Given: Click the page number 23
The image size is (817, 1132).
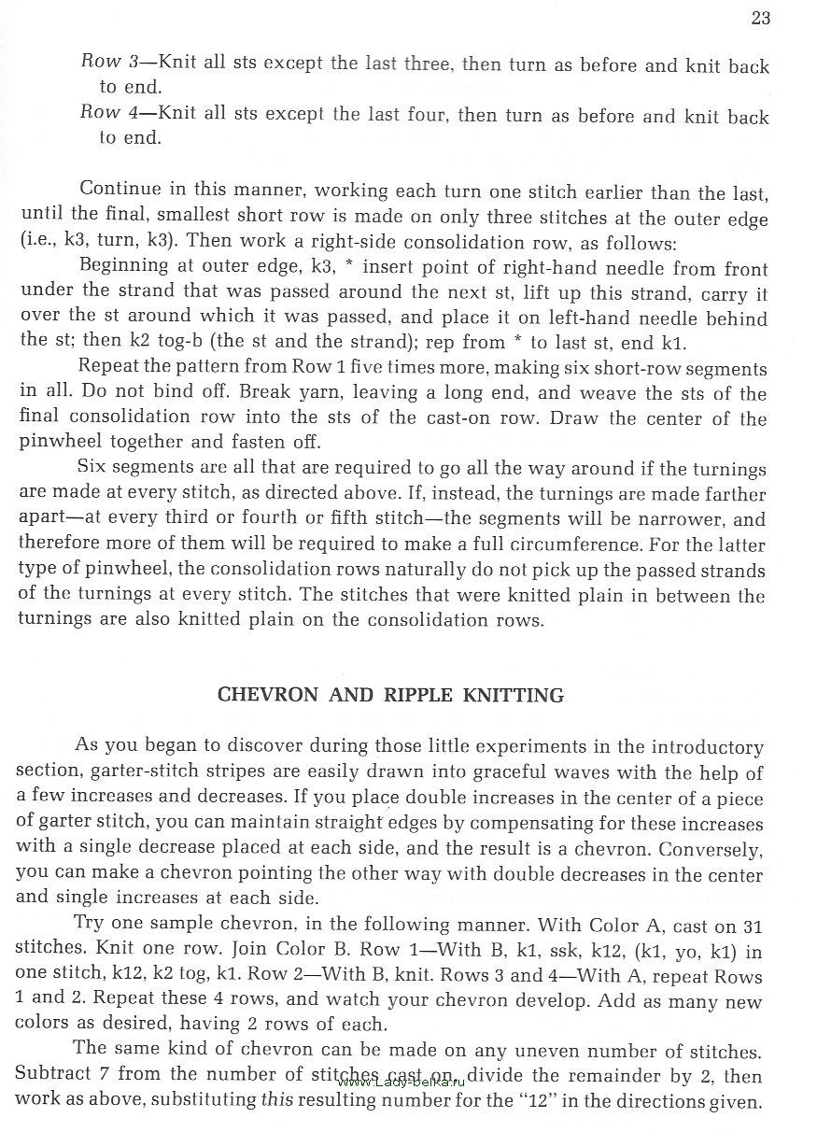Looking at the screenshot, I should pyautogui.click(x=760, y=19).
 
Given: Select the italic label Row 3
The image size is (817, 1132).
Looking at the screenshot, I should pyautogui.click(x=109, y=63).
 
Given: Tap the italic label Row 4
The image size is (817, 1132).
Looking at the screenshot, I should pyautogui.click(x=109, y=113).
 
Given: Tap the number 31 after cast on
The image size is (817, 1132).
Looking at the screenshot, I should pyautogui.click(x=753, y=927).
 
